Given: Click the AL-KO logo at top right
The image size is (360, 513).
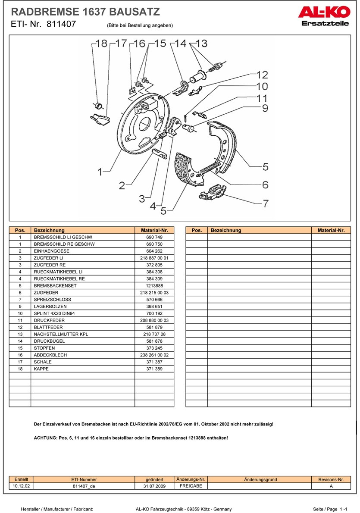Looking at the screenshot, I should point(323,16).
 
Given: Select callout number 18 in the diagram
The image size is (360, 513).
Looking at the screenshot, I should point(101,43).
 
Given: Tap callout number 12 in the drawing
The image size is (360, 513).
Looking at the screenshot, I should point(262,75).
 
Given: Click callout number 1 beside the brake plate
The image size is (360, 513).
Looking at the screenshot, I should point(100,172).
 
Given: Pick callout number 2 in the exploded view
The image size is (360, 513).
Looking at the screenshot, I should point(122,185).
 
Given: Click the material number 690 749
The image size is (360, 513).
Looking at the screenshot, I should point(154,237).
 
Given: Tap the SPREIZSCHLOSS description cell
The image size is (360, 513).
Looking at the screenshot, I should point(52,299).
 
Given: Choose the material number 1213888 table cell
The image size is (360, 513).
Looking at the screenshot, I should point(154,285).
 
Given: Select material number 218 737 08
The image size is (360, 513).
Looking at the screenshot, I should point(154,334).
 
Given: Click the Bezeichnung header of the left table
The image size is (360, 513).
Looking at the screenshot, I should point(49,230).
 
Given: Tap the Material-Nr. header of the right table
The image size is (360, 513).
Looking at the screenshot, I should point(331,230).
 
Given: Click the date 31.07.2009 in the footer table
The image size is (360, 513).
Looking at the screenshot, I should point(155,486).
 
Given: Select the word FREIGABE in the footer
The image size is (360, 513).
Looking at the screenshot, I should point(191,486).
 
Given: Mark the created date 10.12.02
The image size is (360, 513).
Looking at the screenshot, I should point(21,486).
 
